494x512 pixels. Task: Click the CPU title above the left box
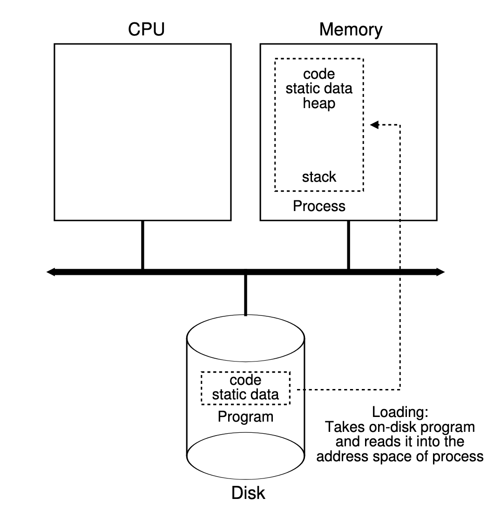tap(146, 30)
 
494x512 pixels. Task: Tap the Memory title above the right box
tap(351, 30)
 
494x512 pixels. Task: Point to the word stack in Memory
tap(319, 177)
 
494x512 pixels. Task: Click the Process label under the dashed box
tap(319, 205)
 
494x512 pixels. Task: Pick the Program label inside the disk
tap(245, 416)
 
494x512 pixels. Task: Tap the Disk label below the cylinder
tap(248, 492)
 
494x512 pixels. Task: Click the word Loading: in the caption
tap(399, 413)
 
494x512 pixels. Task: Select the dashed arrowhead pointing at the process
tap(374, 124)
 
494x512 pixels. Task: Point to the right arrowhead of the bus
tap(440, 272)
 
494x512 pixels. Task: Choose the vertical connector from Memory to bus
tap(348, 245)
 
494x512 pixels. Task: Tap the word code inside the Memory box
tap(319, 74)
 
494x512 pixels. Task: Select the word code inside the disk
tap(245, 381)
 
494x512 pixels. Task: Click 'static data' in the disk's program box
tap(245, 395)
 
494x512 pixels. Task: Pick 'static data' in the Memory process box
tap(319, 89)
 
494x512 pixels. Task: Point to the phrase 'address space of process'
tap(399, 456)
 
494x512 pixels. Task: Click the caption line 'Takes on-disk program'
tap(399, 427)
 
